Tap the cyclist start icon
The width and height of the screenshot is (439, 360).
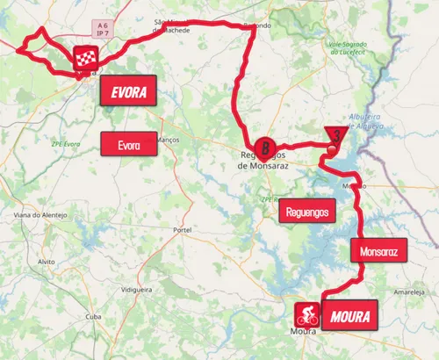point(306,313)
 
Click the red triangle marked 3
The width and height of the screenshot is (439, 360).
point(335,134)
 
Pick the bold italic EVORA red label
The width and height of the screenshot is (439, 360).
point(129,90)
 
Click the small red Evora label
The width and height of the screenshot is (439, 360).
point(129,144)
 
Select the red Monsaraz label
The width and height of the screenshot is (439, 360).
point(378,251)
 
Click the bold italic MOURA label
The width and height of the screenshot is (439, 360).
point(345,316)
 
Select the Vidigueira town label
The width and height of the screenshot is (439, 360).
point(136,289)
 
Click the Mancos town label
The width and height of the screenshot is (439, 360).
point(167,139)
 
